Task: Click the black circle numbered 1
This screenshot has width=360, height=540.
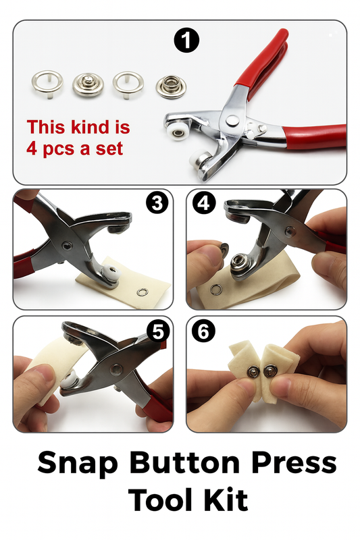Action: point(186,42)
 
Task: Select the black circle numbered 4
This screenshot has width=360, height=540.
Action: point(203,203)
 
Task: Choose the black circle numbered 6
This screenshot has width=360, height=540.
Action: point(203,332)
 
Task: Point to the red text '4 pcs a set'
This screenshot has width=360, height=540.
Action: point(75,148)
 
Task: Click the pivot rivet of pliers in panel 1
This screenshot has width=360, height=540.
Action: point(232,120)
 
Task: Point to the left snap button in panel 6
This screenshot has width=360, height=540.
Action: point(251,370)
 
